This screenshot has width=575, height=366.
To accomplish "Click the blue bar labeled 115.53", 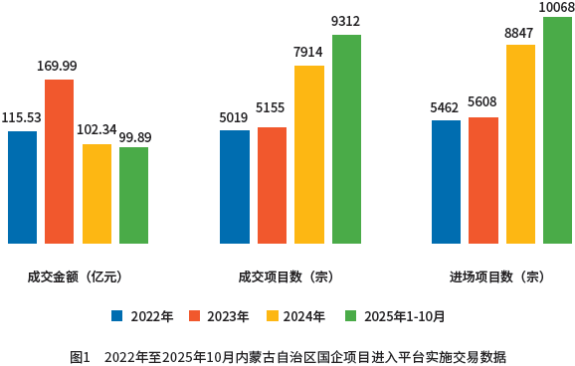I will coord(22,187).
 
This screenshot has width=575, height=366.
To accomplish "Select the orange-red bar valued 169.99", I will coord(60,161).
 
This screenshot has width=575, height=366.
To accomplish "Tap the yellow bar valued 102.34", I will coord(96,194).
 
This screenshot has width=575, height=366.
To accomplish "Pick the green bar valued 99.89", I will coord(133,195).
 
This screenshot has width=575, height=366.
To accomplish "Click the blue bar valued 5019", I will coord(235,186).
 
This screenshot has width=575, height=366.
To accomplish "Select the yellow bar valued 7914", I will coord(308,154).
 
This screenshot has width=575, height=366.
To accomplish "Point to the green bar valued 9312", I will coord(346,139).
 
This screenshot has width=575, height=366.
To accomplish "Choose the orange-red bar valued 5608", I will coord(483,180).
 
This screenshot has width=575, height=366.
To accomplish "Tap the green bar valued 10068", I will coord(558,130).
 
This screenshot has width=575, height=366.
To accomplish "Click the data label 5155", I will coord(271,106).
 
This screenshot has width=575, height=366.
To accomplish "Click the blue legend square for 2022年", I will coord(117,316).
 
